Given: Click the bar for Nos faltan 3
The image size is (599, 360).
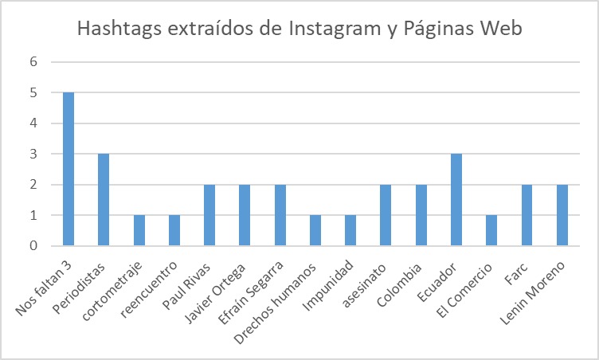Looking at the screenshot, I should coord(69,169).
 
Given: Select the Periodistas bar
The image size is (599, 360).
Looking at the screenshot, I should coord(104,199).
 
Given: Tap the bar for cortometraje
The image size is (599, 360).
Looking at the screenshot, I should coord(139,230).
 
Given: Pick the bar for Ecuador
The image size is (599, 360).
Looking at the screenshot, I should coord(456,199).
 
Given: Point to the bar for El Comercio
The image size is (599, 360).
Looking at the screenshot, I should coord(491,230).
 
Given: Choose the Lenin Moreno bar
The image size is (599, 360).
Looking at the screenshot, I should coord(562,215).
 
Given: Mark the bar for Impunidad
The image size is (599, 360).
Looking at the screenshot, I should coord(350,230).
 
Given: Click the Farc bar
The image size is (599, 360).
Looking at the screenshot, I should coord(527,215).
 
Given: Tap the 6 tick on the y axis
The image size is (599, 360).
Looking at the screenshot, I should coord(34,62).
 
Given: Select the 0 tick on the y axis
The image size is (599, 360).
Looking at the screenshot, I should coord(34,246).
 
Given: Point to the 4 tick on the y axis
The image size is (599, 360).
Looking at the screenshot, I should coord(34,123).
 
